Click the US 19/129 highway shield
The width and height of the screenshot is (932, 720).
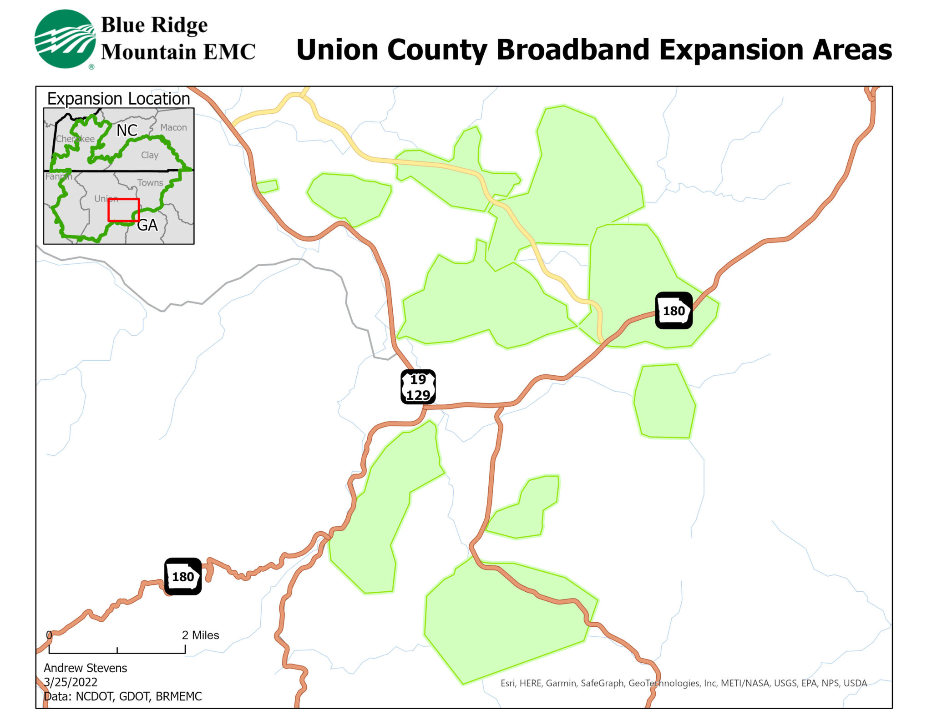click(x=418, y=387)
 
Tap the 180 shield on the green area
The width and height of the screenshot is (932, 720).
click(x=674, y=311)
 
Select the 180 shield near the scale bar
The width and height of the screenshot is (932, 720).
click(x=182, y=576)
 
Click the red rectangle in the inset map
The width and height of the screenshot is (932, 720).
click(x=123, y=210)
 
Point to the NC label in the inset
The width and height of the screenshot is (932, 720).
click(x=127, y=131)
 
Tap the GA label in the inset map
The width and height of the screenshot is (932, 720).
click(x=147, y=225)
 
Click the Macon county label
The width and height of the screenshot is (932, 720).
click(x=173, y=127)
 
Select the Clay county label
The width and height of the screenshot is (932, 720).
click(x=150, y=155)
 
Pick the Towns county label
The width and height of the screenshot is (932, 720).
click(x=150, y=183)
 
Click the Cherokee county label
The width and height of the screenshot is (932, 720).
click(x=75, y=139)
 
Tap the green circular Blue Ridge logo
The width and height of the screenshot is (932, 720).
click(x=65, y=39)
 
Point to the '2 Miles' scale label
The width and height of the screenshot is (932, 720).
click(x=200, y=635)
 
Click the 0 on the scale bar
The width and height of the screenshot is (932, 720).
click(x=49, y=635)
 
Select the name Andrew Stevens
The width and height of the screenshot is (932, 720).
click(x=85, y=668)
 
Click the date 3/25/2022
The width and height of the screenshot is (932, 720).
click(x=71, y=682)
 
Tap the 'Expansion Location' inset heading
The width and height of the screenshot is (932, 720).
click(x=118, y=99)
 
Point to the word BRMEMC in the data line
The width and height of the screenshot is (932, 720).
click(x=178, y=696)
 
